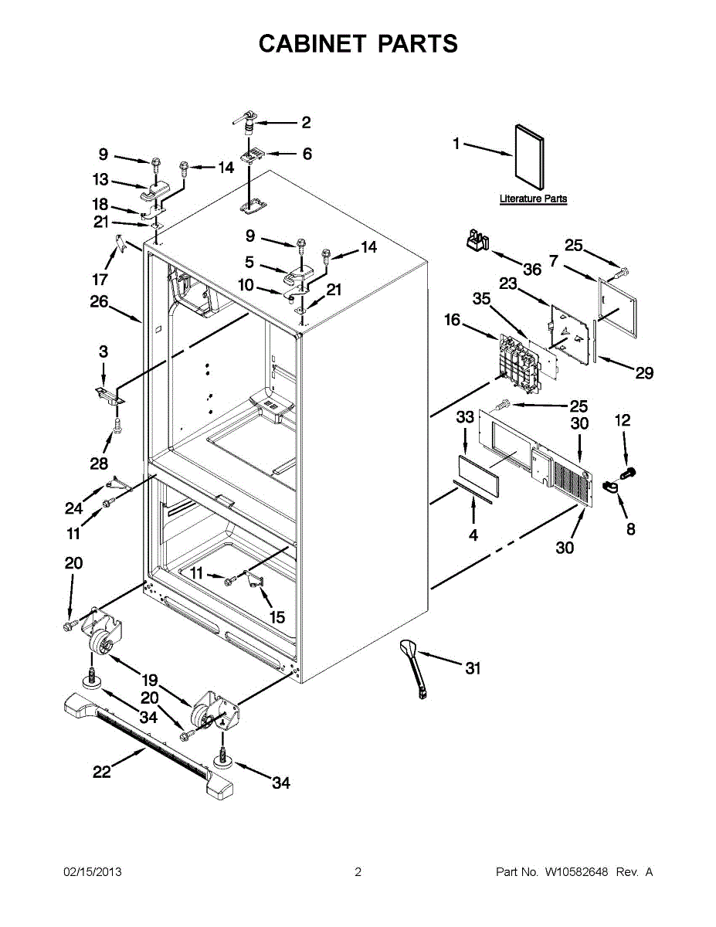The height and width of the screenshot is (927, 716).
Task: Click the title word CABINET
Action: pyautogui.click(x=312, y=44)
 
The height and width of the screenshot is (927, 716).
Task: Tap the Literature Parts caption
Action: pyautogui.click(x=533, y=199)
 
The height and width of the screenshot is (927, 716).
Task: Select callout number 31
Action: pyautogui.click(x=472, y=668)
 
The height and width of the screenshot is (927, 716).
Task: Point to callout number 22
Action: pyautogui.click(x=102, y=771)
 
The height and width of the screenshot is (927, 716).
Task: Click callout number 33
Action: pyautogui.click(x=464, y=418)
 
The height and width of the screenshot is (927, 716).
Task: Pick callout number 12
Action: pyautogui.click(x=623, y=420)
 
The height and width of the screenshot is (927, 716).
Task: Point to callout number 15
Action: pyautogui.click(x=276, y=617)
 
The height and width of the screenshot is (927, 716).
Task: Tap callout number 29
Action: pyautogui.click(x=644, y=374)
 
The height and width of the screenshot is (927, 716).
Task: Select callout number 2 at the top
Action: pyautogui.click(x=306, y=122)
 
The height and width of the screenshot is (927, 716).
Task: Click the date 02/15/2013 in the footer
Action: pyautogui.click(x=92, y=872)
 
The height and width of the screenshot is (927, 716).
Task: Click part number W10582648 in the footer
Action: pyautogui.click(x=576, y=872)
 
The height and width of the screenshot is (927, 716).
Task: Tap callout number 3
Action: pyautogui.click(x=103, y=351)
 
